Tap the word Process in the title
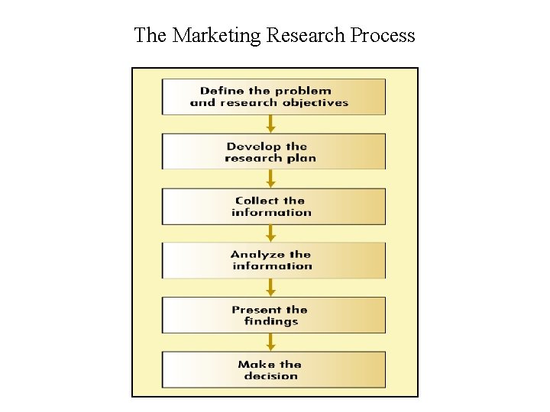(x=383, y=35)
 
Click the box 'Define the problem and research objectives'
(x=273, y=97)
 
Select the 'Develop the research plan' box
(x=273, y=152)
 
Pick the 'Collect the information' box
(x=273, y=207)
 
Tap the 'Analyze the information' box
(x=273, y=261)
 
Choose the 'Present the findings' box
(x=273, y=315)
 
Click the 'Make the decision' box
(x=273, y=370)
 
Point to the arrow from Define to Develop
(x=270, y=124)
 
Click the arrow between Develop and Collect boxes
(x=270, y=179)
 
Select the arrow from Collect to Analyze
(x=270, y=233)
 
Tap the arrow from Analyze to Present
(x=270, y=288)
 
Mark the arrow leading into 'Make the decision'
(x=270, y=343)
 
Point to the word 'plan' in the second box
(x=302, y=159)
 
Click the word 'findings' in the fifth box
(x=271, y=322)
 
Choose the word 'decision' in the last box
(x=271, y=376)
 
